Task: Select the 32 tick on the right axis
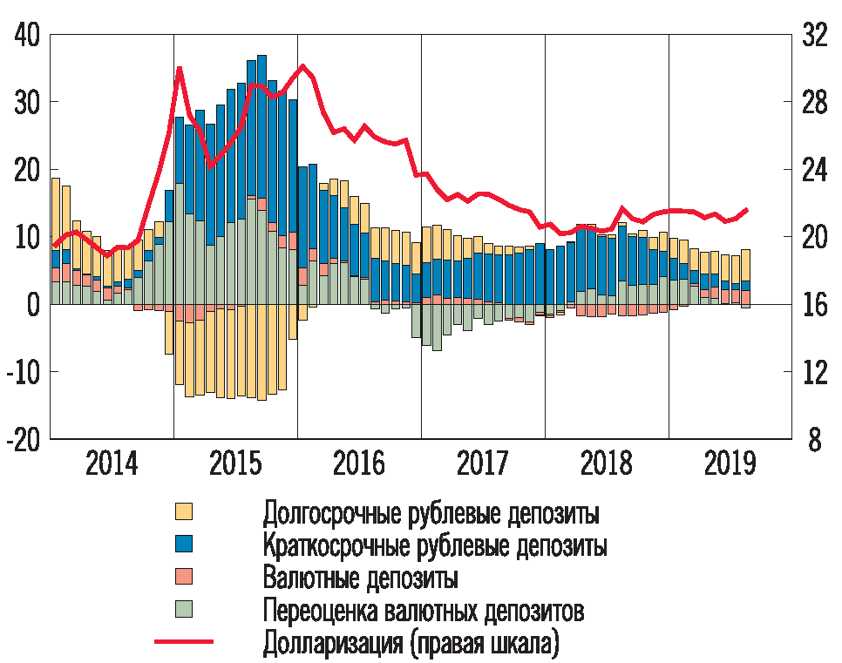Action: click(813, 37)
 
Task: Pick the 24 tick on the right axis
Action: click(813, 171)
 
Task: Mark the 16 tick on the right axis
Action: click(813, 305)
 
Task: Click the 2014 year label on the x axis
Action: click(112, 464)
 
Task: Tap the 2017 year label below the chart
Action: click(483, 464)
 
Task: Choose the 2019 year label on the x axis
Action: click(730, 464)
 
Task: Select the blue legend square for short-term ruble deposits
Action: click(184, 544)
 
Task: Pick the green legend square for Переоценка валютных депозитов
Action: click(184, 608)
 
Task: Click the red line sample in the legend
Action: click(184, 642)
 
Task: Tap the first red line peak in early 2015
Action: click(179, 68)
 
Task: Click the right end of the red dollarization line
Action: click(747, 209)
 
